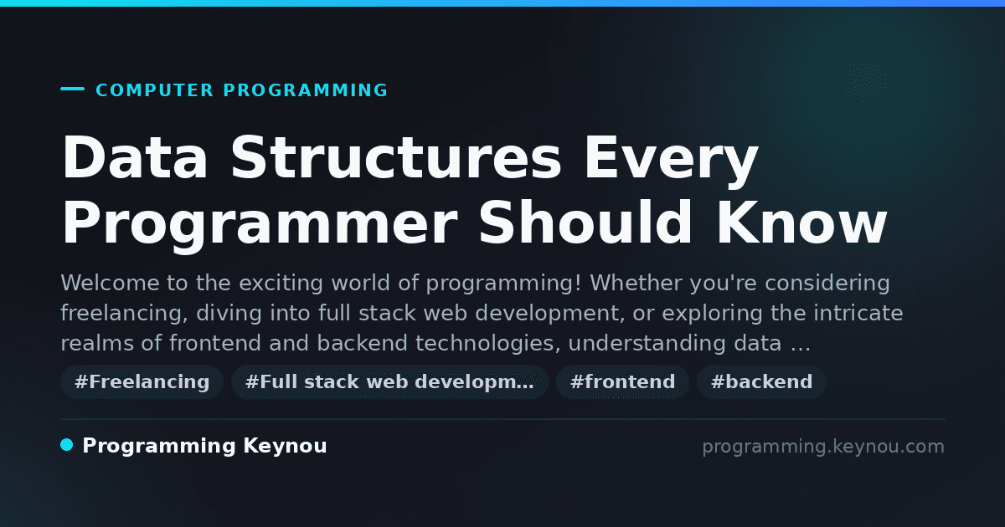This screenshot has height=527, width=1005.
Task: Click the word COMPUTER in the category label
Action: tap(154, 90)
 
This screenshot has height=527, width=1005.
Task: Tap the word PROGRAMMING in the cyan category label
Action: tap(306, 90)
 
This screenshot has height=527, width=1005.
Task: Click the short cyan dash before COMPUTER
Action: tap(72, 89)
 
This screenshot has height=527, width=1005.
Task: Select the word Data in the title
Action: tap(135, 158)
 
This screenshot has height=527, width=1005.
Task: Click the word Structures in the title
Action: tap(395, 158)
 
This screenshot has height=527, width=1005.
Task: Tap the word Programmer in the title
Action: tap(260, 225)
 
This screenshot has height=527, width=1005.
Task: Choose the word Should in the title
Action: tap(585, 222)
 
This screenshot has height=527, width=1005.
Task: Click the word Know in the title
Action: tap(801, 222)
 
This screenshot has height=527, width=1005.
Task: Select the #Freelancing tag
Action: tap(142, 381)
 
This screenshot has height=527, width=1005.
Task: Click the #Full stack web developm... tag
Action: tap(389, 381)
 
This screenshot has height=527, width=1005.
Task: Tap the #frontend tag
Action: tap(622, 381)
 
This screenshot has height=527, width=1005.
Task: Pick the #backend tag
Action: tap(761, 381)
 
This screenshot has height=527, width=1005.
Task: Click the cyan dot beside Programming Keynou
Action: tap(66, 445)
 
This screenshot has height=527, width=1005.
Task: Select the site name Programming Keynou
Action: tap(204, 447)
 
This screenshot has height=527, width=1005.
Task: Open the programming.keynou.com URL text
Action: tap(823, 447)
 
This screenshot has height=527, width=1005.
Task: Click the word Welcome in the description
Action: tap(110, 284)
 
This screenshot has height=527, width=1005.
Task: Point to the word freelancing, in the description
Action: tap(124, 314)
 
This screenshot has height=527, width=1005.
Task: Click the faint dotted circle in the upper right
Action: tap(866, 84)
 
